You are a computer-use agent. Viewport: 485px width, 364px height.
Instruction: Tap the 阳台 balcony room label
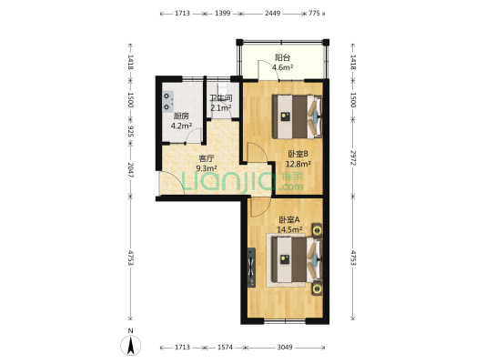click(283, 57)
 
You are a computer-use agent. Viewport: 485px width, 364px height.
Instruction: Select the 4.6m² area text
click(282, 67)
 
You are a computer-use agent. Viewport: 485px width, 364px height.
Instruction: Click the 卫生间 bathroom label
click(221, 98)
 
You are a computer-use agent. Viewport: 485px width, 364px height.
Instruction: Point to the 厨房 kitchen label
click(181, 116)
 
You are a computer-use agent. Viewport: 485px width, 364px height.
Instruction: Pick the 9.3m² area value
click(207, 168)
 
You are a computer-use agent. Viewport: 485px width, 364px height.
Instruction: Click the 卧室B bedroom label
click(298, 154)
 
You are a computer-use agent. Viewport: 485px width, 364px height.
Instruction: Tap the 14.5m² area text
click(289, 229)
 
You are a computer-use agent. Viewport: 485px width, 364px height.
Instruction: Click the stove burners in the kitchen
click(168, 101)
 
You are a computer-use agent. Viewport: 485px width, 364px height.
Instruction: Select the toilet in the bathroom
click(222, 88)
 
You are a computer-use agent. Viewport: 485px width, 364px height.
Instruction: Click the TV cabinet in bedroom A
click(251, 268)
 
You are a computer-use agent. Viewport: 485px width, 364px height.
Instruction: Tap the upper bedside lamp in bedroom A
click(317, 230)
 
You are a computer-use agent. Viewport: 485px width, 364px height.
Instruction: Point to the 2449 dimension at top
click(272, 14)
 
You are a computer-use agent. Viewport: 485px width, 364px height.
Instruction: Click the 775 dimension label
click(314, 14)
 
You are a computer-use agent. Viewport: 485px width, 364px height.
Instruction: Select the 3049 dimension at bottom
click(285, 348)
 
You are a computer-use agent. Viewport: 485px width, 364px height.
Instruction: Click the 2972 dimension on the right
click(353, 157)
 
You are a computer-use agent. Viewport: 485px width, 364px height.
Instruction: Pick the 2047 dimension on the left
click(130, 170)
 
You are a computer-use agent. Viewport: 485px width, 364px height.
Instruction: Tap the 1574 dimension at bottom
click(225, 348)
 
